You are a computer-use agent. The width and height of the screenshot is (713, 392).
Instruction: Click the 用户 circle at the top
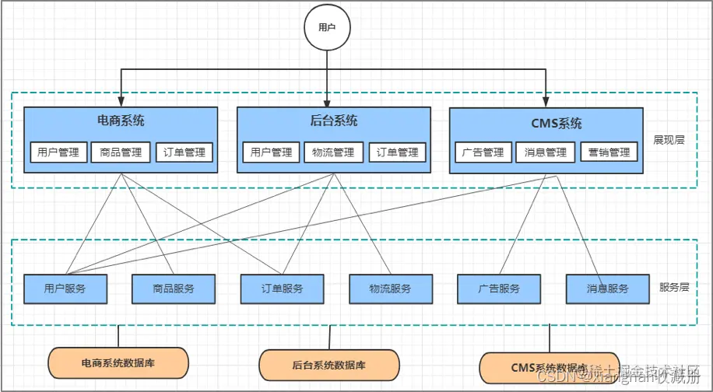[x=327, y=27]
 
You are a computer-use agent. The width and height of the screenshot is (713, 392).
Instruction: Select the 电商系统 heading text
[x=121, y=121]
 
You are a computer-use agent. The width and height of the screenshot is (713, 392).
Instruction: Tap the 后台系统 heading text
[x=334, y=121]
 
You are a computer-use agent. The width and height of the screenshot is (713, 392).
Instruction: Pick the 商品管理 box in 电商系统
[x=121, y=152]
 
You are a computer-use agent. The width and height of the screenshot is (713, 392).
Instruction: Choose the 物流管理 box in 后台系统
[x=334, y=152]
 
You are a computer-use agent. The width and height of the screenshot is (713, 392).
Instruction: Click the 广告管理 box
[x=483, y=152]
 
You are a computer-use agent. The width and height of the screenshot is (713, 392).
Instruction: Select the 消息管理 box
[x=546, y=152]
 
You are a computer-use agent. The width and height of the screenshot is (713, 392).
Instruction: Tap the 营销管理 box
[x=609, y=152]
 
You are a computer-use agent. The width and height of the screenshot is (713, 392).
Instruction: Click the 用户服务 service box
[x=65, y=289]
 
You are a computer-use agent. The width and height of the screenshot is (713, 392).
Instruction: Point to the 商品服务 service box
[x=174, y=289]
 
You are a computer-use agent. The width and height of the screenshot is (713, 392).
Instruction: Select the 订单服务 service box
[x=282, y=289]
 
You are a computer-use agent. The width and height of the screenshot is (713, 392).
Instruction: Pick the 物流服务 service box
[x=390, y=289]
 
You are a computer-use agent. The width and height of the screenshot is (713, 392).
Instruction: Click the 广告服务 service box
[x=498, y=289]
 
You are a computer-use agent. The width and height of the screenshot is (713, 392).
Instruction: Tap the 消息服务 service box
[x=607, y=289]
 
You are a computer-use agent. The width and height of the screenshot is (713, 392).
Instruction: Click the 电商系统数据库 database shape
[x=118, y=362]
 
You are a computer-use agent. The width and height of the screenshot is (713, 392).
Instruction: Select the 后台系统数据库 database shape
[x=328, y=364]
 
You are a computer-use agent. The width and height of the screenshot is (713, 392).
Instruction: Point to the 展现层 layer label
[x=669, y=141]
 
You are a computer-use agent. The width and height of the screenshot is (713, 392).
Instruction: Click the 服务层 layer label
[x=674, y=287]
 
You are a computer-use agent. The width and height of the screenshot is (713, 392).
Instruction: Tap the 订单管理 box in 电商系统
[x=184, y=152]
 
